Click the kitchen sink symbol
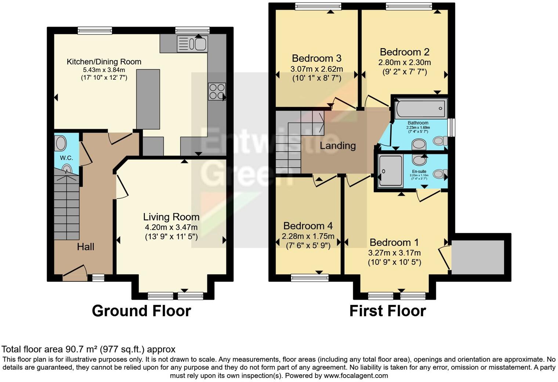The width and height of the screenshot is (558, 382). [x=192, y=44]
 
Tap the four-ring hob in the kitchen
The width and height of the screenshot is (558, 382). [x=217, y=91]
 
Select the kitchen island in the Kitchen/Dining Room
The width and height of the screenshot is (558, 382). [x=148, y=99]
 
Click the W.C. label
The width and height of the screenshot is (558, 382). [x=66, y=158]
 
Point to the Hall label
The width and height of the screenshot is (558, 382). [x=86, y=247]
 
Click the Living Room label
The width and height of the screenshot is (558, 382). [x=171, y=217]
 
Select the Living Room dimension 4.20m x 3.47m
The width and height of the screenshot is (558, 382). [x=171, y=227]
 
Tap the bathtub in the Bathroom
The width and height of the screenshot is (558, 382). [x=421, y=109]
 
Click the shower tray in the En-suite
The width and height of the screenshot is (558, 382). [x=391, y=171]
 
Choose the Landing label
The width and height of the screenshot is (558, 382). [x=337, y=146]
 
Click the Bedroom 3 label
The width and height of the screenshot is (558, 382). [x=316, y=58]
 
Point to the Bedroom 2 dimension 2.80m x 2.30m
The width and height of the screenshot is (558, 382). [x=405, y=62]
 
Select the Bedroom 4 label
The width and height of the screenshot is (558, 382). [x=308, y=226]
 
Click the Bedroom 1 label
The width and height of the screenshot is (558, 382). [x=394, y=242]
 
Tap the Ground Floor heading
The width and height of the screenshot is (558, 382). [x=141, y=311]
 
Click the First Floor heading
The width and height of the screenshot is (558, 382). [x=387, y=311]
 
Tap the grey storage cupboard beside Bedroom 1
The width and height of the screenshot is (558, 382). [x=478, y=257]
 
